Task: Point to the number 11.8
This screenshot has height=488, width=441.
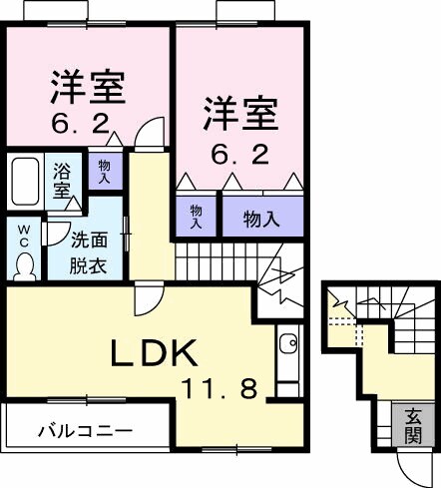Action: pos(221,385)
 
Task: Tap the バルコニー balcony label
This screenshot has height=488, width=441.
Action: pos(85,432)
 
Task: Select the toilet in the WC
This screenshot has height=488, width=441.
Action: pos(24,262)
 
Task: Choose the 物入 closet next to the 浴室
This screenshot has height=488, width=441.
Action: pos(105,171)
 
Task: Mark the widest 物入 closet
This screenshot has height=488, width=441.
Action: pos(261,218)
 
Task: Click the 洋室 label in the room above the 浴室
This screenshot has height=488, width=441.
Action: pos(87,88)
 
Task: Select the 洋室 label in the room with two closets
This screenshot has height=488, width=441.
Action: pos(239,113)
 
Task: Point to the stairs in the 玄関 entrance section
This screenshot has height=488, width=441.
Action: pos(369,304)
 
